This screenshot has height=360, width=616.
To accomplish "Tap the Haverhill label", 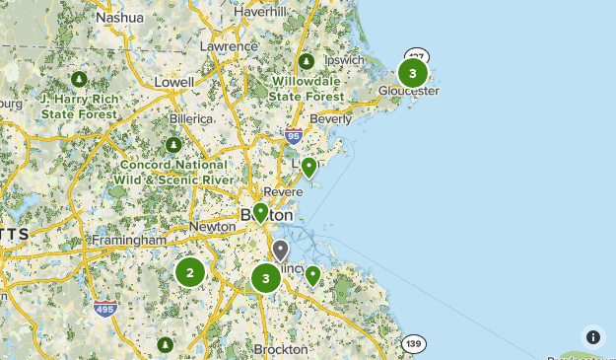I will pos(261,11).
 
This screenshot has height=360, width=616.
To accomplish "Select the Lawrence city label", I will pos(228,46).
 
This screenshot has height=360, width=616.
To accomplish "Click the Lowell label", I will pos(173,82).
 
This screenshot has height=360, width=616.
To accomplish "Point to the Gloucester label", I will pos(409,91).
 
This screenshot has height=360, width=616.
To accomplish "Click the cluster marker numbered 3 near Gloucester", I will pos(412,72).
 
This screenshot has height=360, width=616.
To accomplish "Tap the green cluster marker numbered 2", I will pos(189,271).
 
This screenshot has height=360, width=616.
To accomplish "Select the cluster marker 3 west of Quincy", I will pos(265,278).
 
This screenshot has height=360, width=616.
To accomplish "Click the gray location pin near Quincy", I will pos(281,250).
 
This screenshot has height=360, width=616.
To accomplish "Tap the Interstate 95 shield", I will pos(293,136).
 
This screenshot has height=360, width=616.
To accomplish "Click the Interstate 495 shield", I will pos(105,310).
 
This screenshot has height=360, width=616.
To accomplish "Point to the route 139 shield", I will pos(414,342).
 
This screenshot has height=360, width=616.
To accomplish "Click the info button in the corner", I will pos(592,336).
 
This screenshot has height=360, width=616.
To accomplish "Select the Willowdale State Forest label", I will pos(307,89).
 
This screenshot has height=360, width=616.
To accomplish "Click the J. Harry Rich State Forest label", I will pos(79,106).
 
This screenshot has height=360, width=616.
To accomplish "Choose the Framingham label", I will pos(129,240).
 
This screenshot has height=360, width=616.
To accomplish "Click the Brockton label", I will pos(281,349).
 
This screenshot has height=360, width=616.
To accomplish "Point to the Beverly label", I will pos(330,119).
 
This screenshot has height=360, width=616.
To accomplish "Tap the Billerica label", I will pos(191,118).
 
